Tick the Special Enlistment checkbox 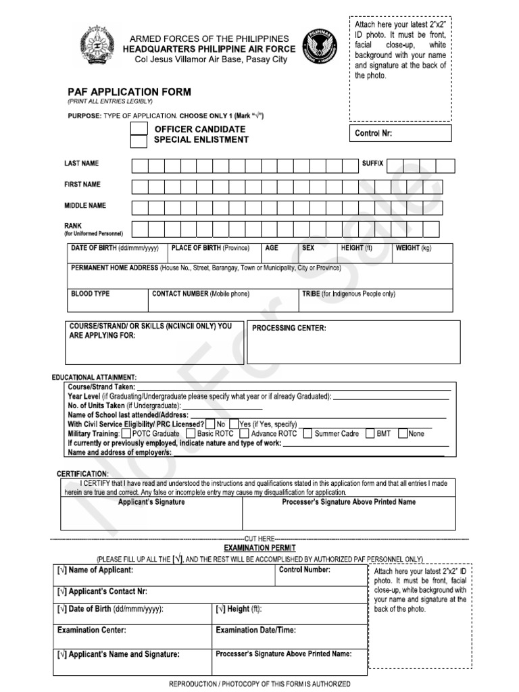coord(139,141)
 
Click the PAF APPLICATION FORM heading coord(128,92)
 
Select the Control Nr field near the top coord(401,133)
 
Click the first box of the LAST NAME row coord(139,166)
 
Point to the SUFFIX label coord(372,164)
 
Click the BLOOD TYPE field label coord(90,294)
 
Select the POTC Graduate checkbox coord(126,433)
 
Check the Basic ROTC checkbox coord(191,433)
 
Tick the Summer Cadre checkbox coord(307,433)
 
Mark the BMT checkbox coord(370,433)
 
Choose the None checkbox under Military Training coord(403,433)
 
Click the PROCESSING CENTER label coord(289,328)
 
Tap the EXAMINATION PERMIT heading coord(259,547)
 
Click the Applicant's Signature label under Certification coord(151,503)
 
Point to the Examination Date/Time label coord(255,630)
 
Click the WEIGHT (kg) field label coord(413,248)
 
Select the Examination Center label coord(91,630)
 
